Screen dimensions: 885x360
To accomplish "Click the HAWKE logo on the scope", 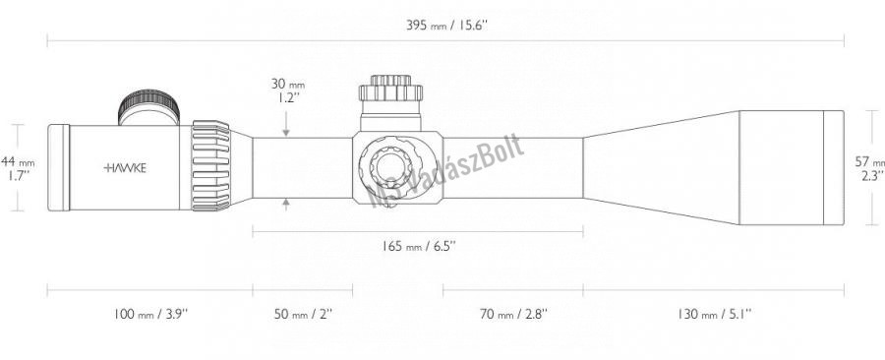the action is point(125,167).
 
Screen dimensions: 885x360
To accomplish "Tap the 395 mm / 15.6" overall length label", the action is point(445,26).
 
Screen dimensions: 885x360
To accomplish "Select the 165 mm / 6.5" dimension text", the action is point(417,246).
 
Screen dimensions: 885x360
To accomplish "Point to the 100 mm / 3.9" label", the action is point(149,314).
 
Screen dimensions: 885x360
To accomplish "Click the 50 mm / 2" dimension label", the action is point(303,314).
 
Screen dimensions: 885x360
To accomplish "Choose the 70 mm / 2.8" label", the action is point(513,314).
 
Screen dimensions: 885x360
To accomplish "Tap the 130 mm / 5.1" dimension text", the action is point(715,314).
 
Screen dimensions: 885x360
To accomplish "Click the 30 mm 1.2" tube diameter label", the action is point(287,90).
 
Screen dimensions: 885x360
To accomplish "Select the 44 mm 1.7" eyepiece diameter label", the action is point(18,168).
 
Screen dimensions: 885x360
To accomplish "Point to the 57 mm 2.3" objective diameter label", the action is point(870,168).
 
